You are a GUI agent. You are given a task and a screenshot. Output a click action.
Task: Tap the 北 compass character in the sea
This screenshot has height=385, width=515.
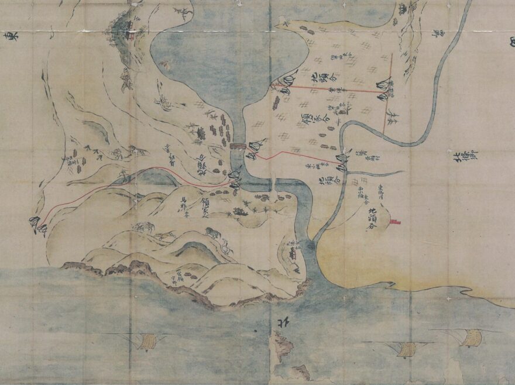(276, 323)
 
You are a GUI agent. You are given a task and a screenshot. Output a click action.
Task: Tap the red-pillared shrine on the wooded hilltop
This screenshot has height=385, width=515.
(128, 29)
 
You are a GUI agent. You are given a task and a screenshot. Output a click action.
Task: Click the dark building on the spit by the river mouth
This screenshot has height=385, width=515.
(292, 252)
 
